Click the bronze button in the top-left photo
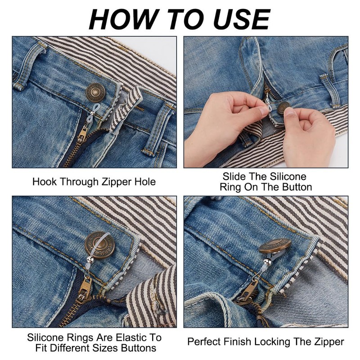[95, 93]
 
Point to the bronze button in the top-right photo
[284, 108]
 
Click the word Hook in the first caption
[44, 182]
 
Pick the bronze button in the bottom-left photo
[100, 245]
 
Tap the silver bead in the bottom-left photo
[90, 260]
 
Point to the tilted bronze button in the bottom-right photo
[274, 246]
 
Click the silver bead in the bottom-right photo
[266, 262]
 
